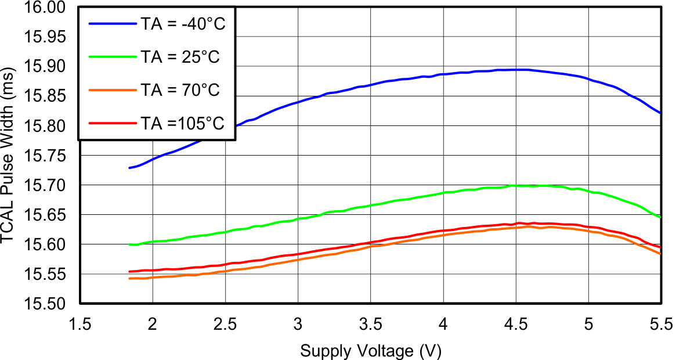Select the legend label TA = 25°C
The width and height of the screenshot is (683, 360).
180,57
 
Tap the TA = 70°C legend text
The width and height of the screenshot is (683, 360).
180,90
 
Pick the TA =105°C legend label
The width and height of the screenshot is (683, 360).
182,123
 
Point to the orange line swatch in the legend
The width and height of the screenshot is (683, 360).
111,90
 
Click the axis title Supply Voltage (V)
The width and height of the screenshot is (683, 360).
371,350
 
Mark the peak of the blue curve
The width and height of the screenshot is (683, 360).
519,70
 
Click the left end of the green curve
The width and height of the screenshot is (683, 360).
129,244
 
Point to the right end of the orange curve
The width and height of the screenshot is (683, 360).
660,253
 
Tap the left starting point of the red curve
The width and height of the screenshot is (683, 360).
129,271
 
